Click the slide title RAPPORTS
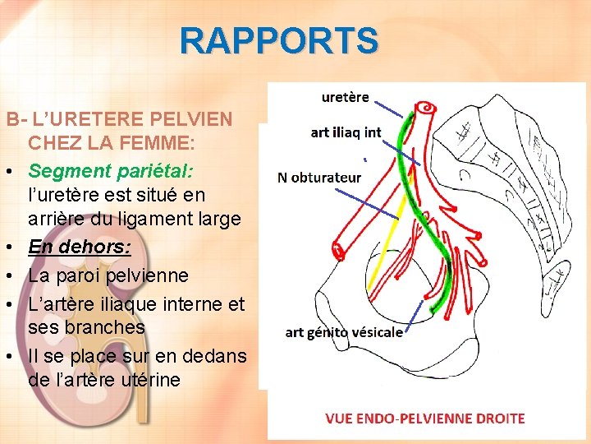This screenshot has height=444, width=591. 279,40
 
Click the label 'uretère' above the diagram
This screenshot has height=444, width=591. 345,97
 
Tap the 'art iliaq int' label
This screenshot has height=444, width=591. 346,132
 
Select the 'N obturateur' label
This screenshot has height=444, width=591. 319,177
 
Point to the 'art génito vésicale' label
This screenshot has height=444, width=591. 344,332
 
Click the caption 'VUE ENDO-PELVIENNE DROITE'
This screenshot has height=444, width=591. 425,419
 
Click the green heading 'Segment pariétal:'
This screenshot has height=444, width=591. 111,171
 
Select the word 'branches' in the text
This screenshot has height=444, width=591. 106,326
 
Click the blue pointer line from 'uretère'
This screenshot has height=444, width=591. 389,108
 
